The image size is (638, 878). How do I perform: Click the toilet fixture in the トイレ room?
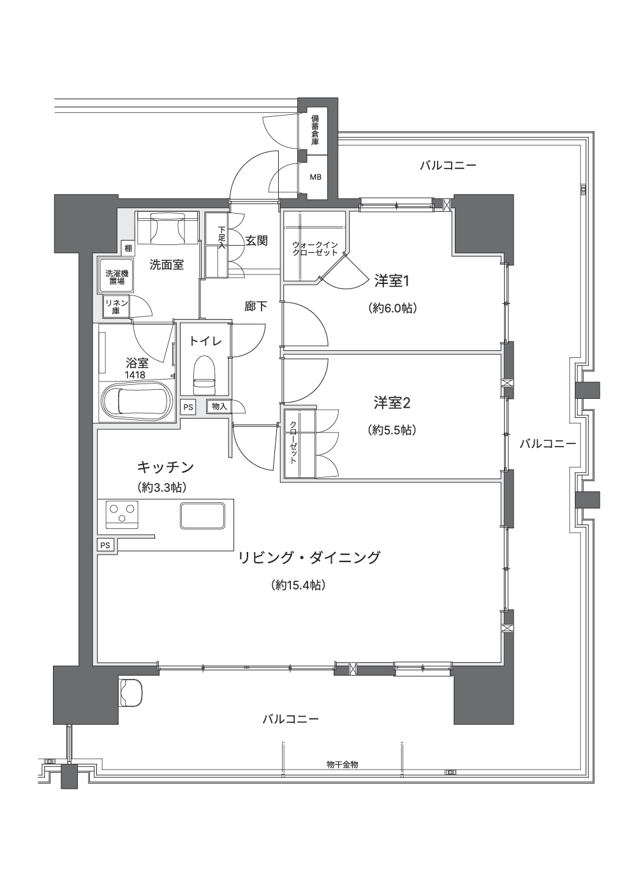point(205,375)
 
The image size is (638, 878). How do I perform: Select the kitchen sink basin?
point(202,516)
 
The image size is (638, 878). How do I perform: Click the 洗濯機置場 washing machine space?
point(117,276)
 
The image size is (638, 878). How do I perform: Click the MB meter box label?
point(315,177)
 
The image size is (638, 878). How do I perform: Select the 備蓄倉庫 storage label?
point(315,130)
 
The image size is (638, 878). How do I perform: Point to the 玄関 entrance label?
point(256,241)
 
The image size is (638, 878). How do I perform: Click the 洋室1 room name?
point(392,281)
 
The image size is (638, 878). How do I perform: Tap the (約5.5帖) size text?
point(392,430)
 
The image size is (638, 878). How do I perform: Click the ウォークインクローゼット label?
point(315,249)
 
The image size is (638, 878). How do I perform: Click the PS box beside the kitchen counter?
point(105,545)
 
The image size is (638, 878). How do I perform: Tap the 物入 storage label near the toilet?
point(219,406)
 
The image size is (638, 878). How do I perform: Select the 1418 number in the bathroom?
point(135,375)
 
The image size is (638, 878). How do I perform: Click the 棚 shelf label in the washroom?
point(128,248)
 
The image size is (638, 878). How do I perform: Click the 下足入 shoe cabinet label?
point(222,237)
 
